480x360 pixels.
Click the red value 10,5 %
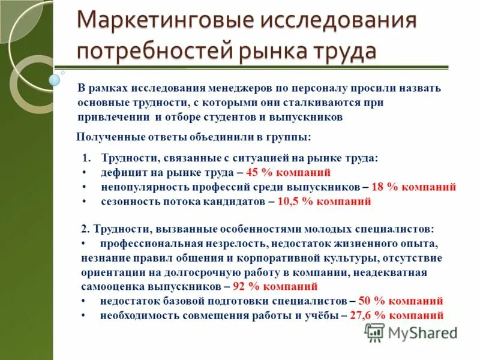point(293,202)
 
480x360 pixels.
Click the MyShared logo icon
point(375,332)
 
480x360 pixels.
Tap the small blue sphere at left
point(55,79)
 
